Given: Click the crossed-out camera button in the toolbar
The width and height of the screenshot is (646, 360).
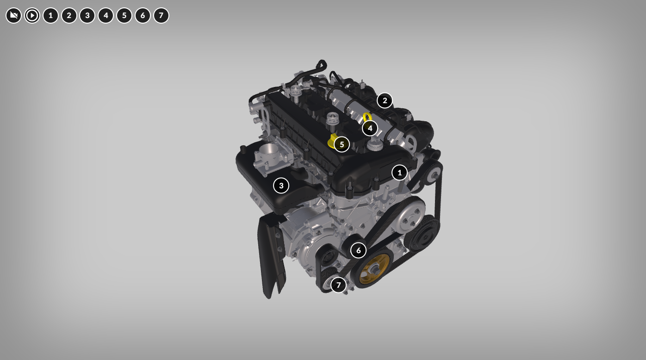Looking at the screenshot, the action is point(13,15).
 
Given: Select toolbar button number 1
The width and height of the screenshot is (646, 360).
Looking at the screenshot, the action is point(50,15).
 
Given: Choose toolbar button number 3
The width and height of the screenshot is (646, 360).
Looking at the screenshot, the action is point(87,15).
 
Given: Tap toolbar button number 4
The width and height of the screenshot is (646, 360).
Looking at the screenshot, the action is point(106,15).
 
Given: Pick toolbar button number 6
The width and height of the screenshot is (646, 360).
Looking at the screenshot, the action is point(143,15).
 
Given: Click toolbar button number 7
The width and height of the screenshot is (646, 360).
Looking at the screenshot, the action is point(161,15).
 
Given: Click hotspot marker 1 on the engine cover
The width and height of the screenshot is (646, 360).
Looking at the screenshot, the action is point(399,173).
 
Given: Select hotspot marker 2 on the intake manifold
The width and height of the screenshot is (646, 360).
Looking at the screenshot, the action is point(385,100).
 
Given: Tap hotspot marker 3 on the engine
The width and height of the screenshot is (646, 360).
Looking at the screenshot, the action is point(281,186).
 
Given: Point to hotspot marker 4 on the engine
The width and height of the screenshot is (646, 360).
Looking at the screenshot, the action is point(370,128).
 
